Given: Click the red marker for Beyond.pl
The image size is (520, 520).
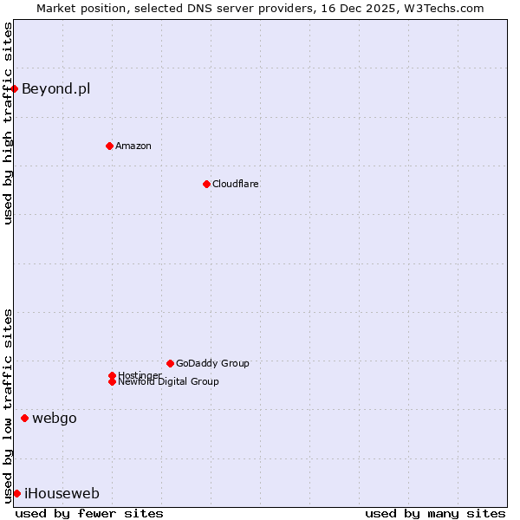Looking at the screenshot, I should [15, 88].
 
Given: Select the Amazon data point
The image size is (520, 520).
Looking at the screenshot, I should [109, 146].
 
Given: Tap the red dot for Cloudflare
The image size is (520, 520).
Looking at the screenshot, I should [206, 184].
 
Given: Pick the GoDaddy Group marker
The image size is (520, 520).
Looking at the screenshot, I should [170, 363].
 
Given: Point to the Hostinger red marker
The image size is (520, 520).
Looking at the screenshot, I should [112, 375].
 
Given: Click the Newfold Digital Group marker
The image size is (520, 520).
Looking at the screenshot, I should [112, 381].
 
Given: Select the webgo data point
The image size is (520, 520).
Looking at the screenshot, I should [24, 418].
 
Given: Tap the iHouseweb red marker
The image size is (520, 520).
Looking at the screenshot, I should [16, 493].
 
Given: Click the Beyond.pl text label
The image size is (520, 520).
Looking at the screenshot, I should [55, 88].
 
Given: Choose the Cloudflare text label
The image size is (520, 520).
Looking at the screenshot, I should [235, 184].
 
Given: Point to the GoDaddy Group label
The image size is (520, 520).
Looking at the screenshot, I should [212, 363].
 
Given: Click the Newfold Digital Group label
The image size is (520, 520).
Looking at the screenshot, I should [168, 382].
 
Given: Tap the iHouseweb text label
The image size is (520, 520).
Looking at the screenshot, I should [62, 494].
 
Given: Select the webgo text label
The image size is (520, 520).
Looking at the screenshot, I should [54, 419].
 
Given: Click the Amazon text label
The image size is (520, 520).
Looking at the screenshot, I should [133, 146].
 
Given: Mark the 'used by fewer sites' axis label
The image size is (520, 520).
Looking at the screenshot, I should [89, 513].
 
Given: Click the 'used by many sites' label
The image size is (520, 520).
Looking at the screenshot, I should [435, 513].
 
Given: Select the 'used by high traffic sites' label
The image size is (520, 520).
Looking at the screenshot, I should [8, 123].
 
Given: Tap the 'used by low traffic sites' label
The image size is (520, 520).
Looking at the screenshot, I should [8, 405].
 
